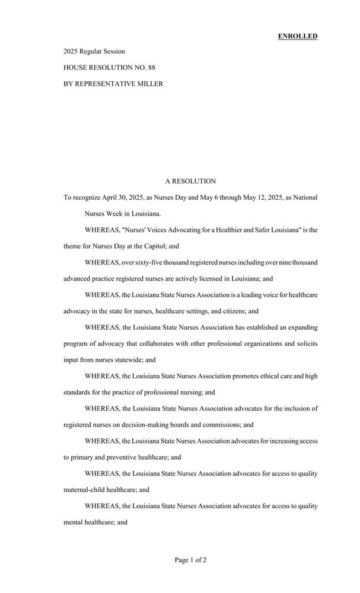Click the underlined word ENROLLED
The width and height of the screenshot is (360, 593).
(298, 36)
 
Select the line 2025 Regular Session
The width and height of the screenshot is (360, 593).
(94, 52)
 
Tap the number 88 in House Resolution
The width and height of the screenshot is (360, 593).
(152, 68)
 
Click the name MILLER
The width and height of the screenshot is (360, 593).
(147, 84)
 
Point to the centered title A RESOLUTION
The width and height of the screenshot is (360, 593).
(190, 181)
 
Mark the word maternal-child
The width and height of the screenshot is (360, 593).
(87, 490)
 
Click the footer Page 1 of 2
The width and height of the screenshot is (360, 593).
(190, 559)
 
